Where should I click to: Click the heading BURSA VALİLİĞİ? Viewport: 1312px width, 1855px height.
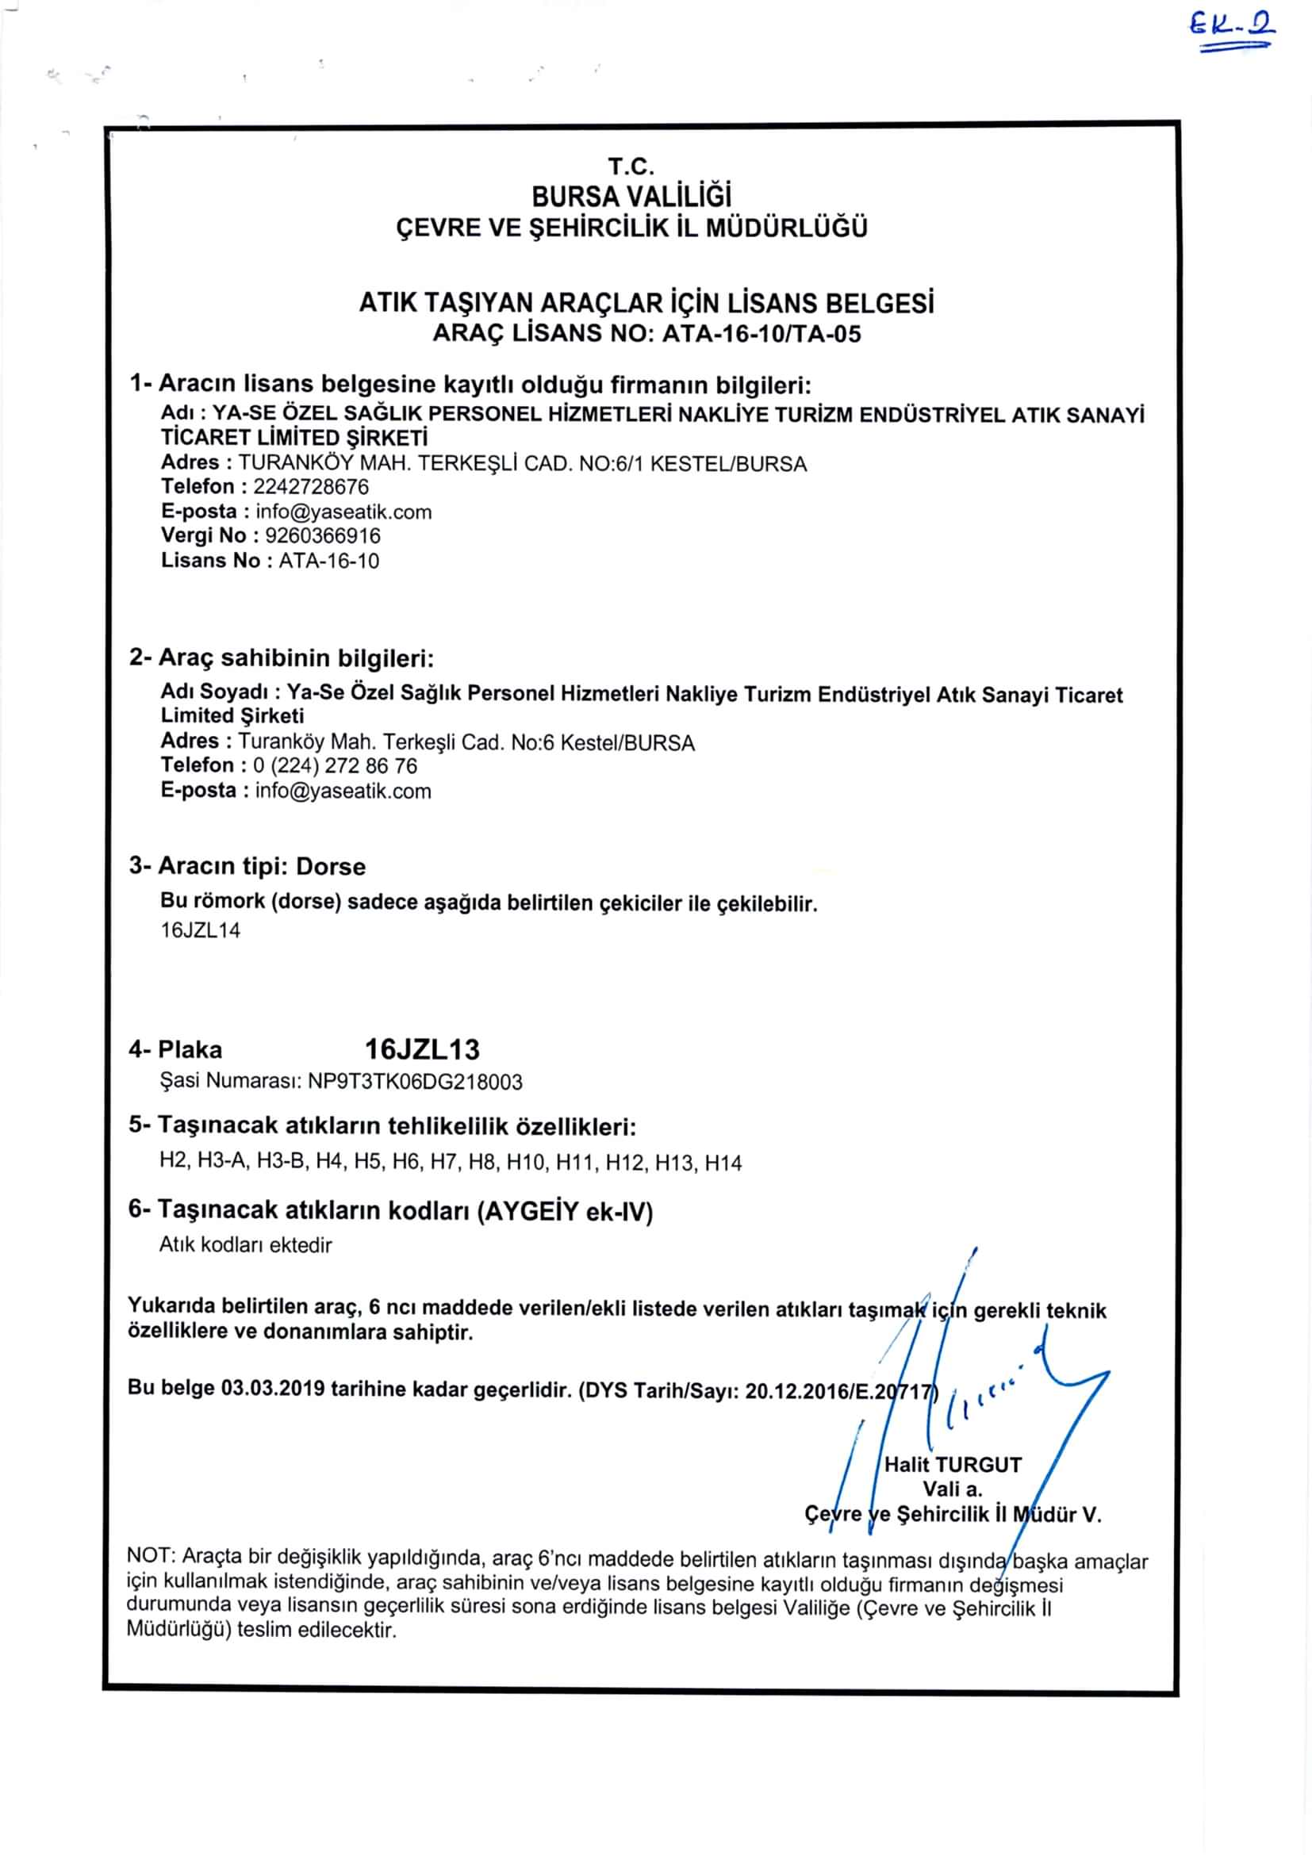pyautogui.click(x=631, y=197)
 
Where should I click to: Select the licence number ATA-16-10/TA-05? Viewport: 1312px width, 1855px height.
pyautogui.click(x=761, y=334)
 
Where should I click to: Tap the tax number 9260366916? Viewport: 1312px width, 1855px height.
pyautogui.click(x=322, y=535)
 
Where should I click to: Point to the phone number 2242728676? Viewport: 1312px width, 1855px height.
pyautogui.click(x=311, y=486)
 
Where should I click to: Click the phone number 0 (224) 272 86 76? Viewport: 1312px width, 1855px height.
pyautogui.click(x=336, y=766)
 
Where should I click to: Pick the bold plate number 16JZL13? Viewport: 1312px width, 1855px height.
pyautogui.click(x=422, y=1048)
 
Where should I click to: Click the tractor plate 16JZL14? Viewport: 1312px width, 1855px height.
pyautogui.click(x=201, y=930)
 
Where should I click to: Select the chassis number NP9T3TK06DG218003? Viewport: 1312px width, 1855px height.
pyautogui.click(x=415, y=1082)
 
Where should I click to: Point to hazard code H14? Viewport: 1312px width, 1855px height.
pyautogui.click(x=723, y=1163)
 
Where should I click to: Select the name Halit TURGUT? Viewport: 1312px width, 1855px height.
pyautogui.click(x=953, y=1465)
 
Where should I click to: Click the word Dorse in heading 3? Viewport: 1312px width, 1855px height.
pyautogui.click(x=331, y=867)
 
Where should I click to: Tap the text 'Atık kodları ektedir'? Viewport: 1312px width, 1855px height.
pyautogui.click(x=246, y=1245)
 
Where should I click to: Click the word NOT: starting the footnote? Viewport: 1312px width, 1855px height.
pyautogui.click(x=149, y=1556)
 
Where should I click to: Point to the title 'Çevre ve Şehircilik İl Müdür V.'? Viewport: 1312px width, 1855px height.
pyautogui.click(x=953, y=1515)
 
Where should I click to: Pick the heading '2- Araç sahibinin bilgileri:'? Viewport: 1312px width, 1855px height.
pyautogui.click(x=281, y=658)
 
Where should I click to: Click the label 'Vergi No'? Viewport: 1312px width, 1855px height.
pyautogui.click(x=203, y=535)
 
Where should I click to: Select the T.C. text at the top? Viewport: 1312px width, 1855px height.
pyautogui.click(x=631, y=167)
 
